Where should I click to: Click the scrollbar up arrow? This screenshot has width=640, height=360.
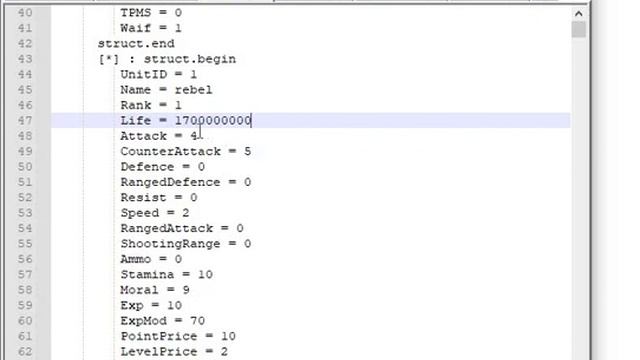point(578,14)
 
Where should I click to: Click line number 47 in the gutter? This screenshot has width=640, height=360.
point(25,121)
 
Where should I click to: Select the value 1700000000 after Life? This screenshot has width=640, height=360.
point(213,121)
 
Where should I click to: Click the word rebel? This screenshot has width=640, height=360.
point(193,90)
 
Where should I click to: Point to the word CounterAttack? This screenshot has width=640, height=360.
point(171,151)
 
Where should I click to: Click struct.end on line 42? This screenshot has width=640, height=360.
point(136,44)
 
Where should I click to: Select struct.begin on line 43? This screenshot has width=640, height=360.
point(190,59)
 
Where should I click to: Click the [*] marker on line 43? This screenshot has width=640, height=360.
point(109,59)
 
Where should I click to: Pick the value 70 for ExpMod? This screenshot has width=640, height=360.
point(198,321)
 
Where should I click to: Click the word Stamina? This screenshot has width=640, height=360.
point(147,274)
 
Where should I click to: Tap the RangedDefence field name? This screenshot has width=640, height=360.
point(171,182)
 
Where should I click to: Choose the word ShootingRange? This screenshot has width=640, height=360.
point(171,244)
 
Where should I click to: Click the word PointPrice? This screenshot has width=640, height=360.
point(159,336)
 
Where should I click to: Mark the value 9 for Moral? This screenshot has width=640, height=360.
point(186,290)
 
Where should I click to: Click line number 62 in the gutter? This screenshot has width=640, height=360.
point(25,351)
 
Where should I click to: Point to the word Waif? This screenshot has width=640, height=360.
point(136,28)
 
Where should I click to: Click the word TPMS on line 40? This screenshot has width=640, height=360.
point(136,13)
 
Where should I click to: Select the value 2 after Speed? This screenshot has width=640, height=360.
point(186,213)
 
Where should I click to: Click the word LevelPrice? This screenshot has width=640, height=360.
point(159,351)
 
